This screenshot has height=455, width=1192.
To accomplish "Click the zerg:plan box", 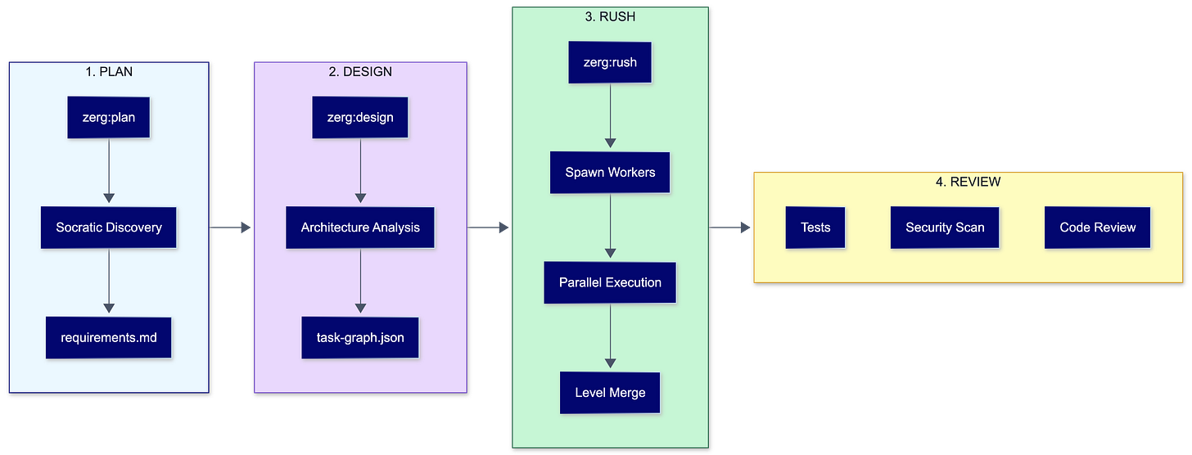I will click(108, 117).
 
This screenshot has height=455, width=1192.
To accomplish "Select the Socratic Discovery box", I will click(109, 227).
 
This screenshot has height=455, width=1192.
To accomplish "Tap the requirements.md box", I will click(108, 336).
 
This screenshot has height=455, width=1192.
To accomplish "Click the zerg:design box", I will click(360, 117).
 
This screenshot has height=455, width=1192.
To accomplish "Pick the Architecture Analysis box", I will click(360, 227).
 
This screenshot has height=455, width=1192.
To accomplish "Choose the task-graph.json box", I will click(360, 336).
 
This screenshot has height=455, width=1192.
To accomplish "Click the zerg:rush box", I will click(610, 62).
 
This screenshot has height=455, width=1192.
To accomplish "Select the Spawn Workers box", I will click(610, 173).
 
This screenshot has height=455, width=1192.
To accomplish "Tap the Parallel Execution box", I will click(610, 282).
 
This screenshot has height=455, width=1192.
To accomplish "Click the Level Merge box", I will click(610, 393).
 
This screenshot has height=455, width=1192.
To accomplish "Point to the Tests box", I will click(815, 227).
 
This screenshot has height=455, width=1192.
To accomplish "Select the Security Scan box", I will click(945, 227).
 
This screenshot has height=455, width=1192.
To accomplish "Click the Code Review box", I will click(1098, 227).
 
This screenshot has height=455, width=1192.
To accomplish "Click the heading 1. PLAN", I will click(109, 71).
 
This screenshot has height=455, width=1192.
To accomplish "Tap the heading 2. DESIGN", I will click(360, 71).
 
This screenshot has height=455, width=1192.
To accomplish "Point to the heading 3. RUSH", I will click(610, 16).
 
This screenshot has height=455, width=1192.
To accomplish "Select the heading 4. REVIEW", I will click(968, 182).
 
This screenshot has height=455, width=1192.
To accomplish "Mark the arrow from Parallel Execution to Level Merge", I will click(610, 336).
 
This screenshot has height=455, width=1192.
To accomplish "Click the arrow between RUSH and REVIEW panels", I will click(731, 227).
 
